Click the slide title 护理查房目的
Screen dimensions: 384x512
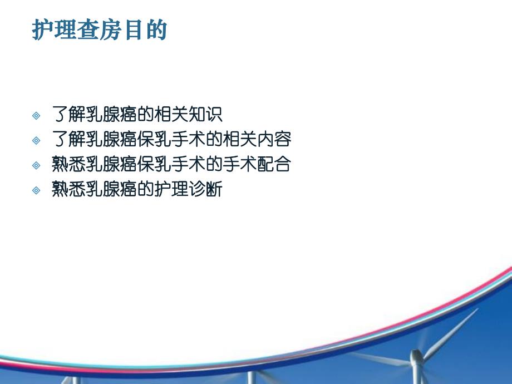[x=100, y=31]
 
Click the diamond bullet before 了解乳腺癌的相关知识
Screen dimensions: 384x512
[x=37, y=115]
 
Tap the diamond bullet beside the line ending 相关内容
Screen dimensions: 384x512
[x=37, y=140]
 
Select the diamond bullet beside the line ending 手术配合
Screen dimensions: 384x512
[x=37, y=165]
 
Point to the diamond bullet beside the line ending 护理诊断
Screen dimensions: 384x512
[x=37, y=190]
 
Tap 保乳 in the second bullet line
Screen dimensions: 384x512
[x=154, y=140]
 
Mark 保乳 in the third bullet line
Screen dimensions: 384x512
[x=154, y=165]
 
